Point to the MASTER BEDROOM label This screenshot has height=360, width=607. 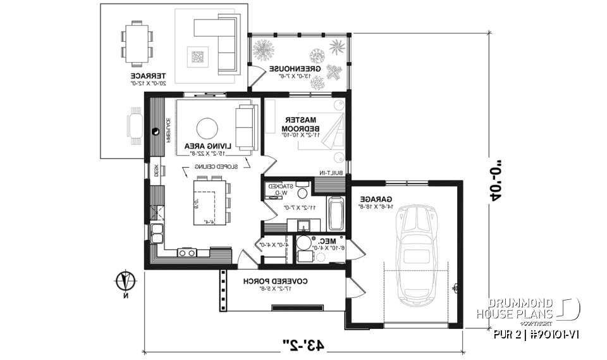pos(301,123)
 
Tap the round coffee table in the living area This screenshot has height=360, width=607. pos(207,128)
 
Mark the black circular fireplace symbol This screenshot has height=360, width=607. pos(156,132)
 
